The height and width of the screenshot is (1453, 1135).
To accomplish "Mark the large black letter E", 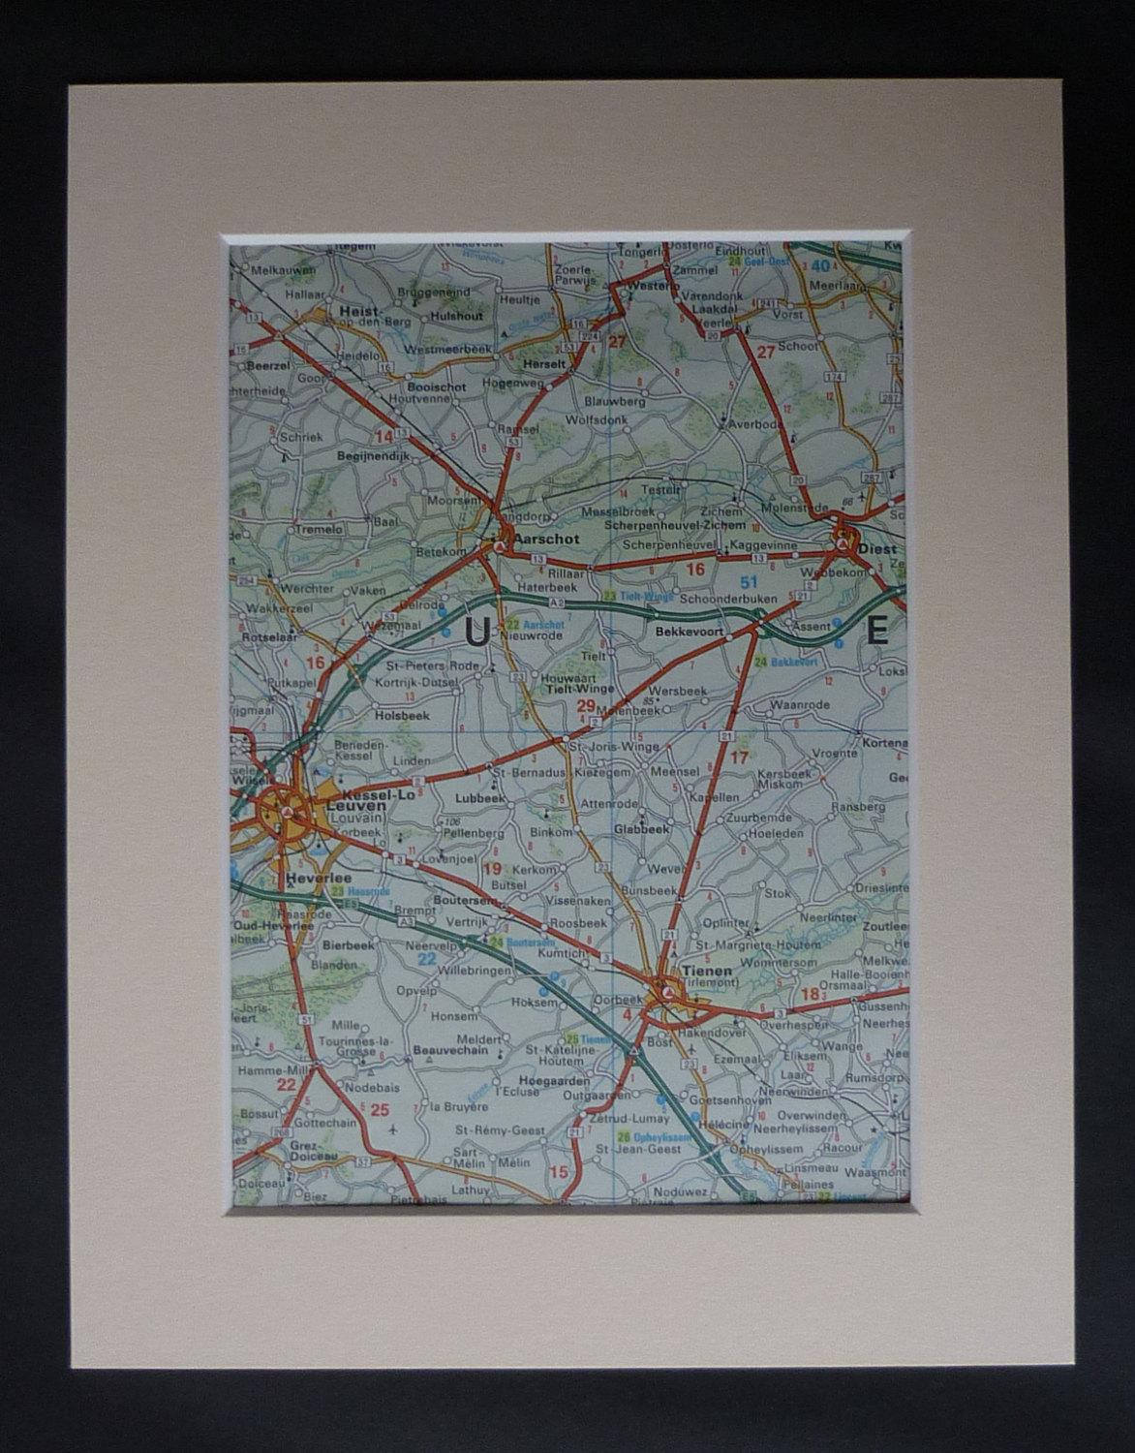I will [877, 634].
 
